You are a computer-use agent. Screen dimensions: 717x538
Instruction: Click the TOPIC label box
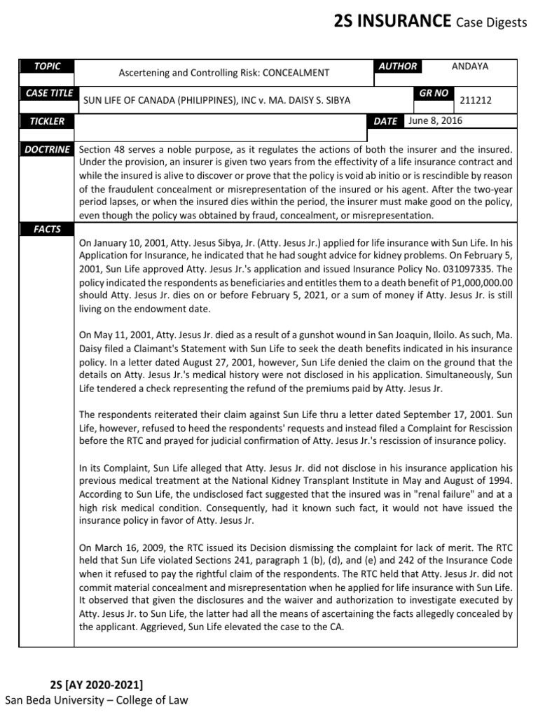(x=48, y=67)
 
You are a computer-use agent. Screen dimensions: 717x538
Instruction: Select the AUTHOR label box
(x=397, y=67)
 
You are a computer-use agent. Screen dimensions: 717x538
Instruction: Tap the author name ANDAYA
(x=470, y=67)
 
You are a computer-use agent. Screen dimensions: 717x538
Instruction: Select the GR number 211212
(x=476, y=100)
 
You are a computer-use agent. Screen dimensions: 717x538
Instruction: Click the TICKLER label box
(x=48, y=121)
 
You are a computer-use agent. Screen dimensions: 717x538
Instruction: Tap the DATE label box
(x=385, y=121)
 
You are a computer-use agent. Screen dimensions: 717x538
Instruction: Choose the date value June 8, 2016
(x=435, y=120)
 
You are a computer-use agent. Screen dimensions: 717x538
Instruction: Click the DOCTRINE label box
(x=48, y=149)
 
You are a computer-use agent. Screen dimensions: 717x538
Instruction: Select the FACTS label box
(x=48, y=229)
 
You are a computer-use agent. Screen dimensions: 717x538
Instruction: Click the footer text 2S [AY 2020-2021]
(x=97, y=684)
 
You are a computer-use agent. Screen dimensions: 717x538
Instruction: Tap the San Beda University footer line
(x=97, y=699)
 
